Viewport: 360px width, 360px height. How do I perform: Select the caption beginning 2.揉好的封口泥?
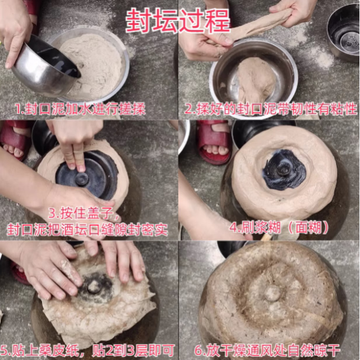coord(270,109)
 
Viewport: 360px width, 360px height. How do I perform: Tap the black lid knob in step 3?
coord(82,179)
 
